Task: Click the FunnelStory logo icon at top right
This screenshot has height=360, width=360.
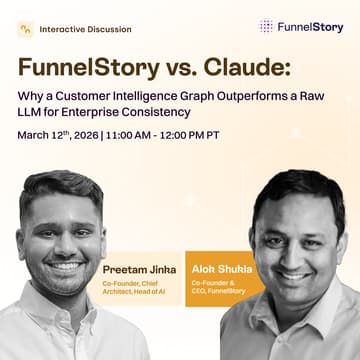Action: (266, 27)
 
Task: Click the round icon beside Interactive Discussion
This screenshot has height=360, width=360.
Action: (26, 30)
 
